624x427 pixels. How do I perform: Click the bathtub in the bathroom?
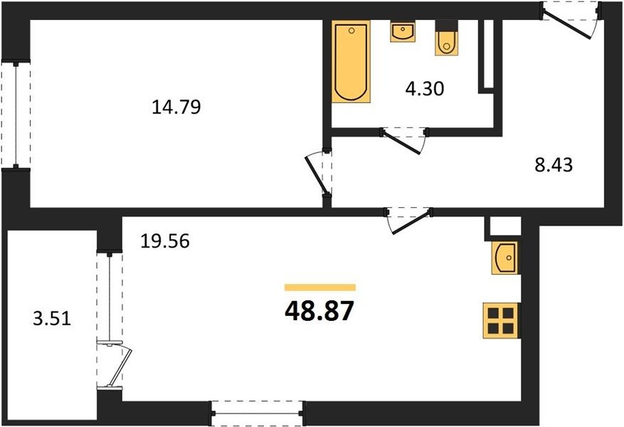pos(351,61)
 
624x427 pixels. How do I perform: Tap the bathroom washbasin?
pos(403,32)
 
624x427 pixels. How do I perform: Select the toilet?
pos(447,38)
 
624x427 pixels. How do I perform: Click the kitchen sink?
pos(504,258)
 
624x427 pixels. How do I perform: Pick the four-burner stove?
pos(501,321)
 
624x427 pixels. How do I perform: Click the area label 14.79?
pos(176,107)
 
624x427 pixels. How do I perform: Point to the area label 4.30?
pos(425,89)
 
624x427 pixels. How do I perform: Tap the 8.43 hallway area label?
pos(554,165)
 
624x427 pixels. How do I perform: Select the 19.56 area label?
pos(165,241)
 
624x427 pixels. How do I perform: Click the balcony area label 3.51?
pos(52,319)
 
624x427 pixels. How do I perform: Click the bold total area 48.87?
pos(319,311)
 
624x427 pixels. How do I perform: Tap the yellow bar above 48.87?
pos(320,288)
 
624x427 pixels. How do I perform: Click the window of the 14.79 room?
pos(16,115)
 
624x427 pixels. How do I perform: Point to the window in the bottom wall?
pos(257,413)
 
